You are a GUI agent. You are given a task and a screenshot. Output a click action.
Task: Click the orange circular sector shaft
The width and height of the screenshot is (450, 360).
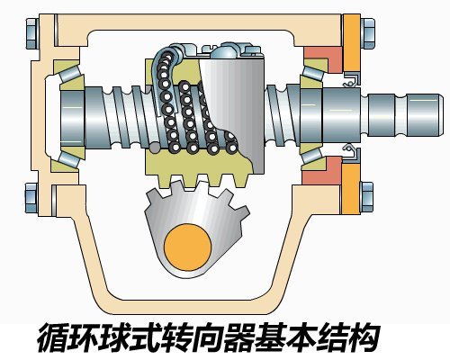188,247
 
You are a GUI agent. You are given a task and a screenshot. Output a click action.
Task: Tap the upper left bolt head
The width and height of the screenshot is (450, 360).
31,33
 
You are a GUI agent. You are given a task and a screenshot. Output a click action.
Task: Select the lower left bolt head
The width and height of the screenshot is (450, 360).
31,198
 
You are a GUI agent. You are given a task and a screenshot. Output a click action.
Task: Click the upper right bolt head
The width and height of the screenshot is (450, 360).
367,33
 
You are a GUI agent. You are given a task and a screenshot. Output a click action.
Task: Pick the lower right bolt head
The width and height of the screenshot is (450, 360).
367,197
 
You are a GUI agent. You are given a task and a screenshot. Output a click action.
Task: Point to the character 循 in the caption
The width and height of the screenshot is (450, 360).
54,337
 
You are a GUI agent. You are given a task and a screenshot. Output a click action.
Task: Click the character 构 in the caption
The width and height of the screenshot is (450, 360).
362,337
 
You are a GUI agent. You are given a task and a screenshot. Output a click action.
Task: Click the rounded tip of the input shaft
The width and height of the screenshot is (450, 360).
440,114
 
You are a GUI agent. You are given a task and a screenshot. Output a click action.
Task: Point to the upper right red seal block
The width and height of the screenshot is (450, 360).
322,59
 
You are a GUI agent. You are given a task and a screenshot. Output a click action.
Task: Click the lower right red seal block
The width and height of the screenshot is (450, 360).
322,170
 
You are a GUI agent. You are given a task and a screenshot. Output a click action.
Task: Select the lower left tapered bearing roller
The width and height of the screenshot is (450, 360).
70,158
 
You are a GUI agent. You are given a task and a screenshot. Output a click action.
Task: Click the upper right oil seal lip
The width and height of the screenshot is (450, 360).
352,79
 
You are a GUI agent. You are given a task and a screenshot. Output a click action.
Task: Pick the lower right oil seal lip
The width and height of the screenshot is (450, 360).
351,152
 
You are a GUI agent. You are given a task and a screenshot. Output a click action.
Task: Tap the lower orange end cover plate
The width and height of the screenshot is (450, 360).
351,188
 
